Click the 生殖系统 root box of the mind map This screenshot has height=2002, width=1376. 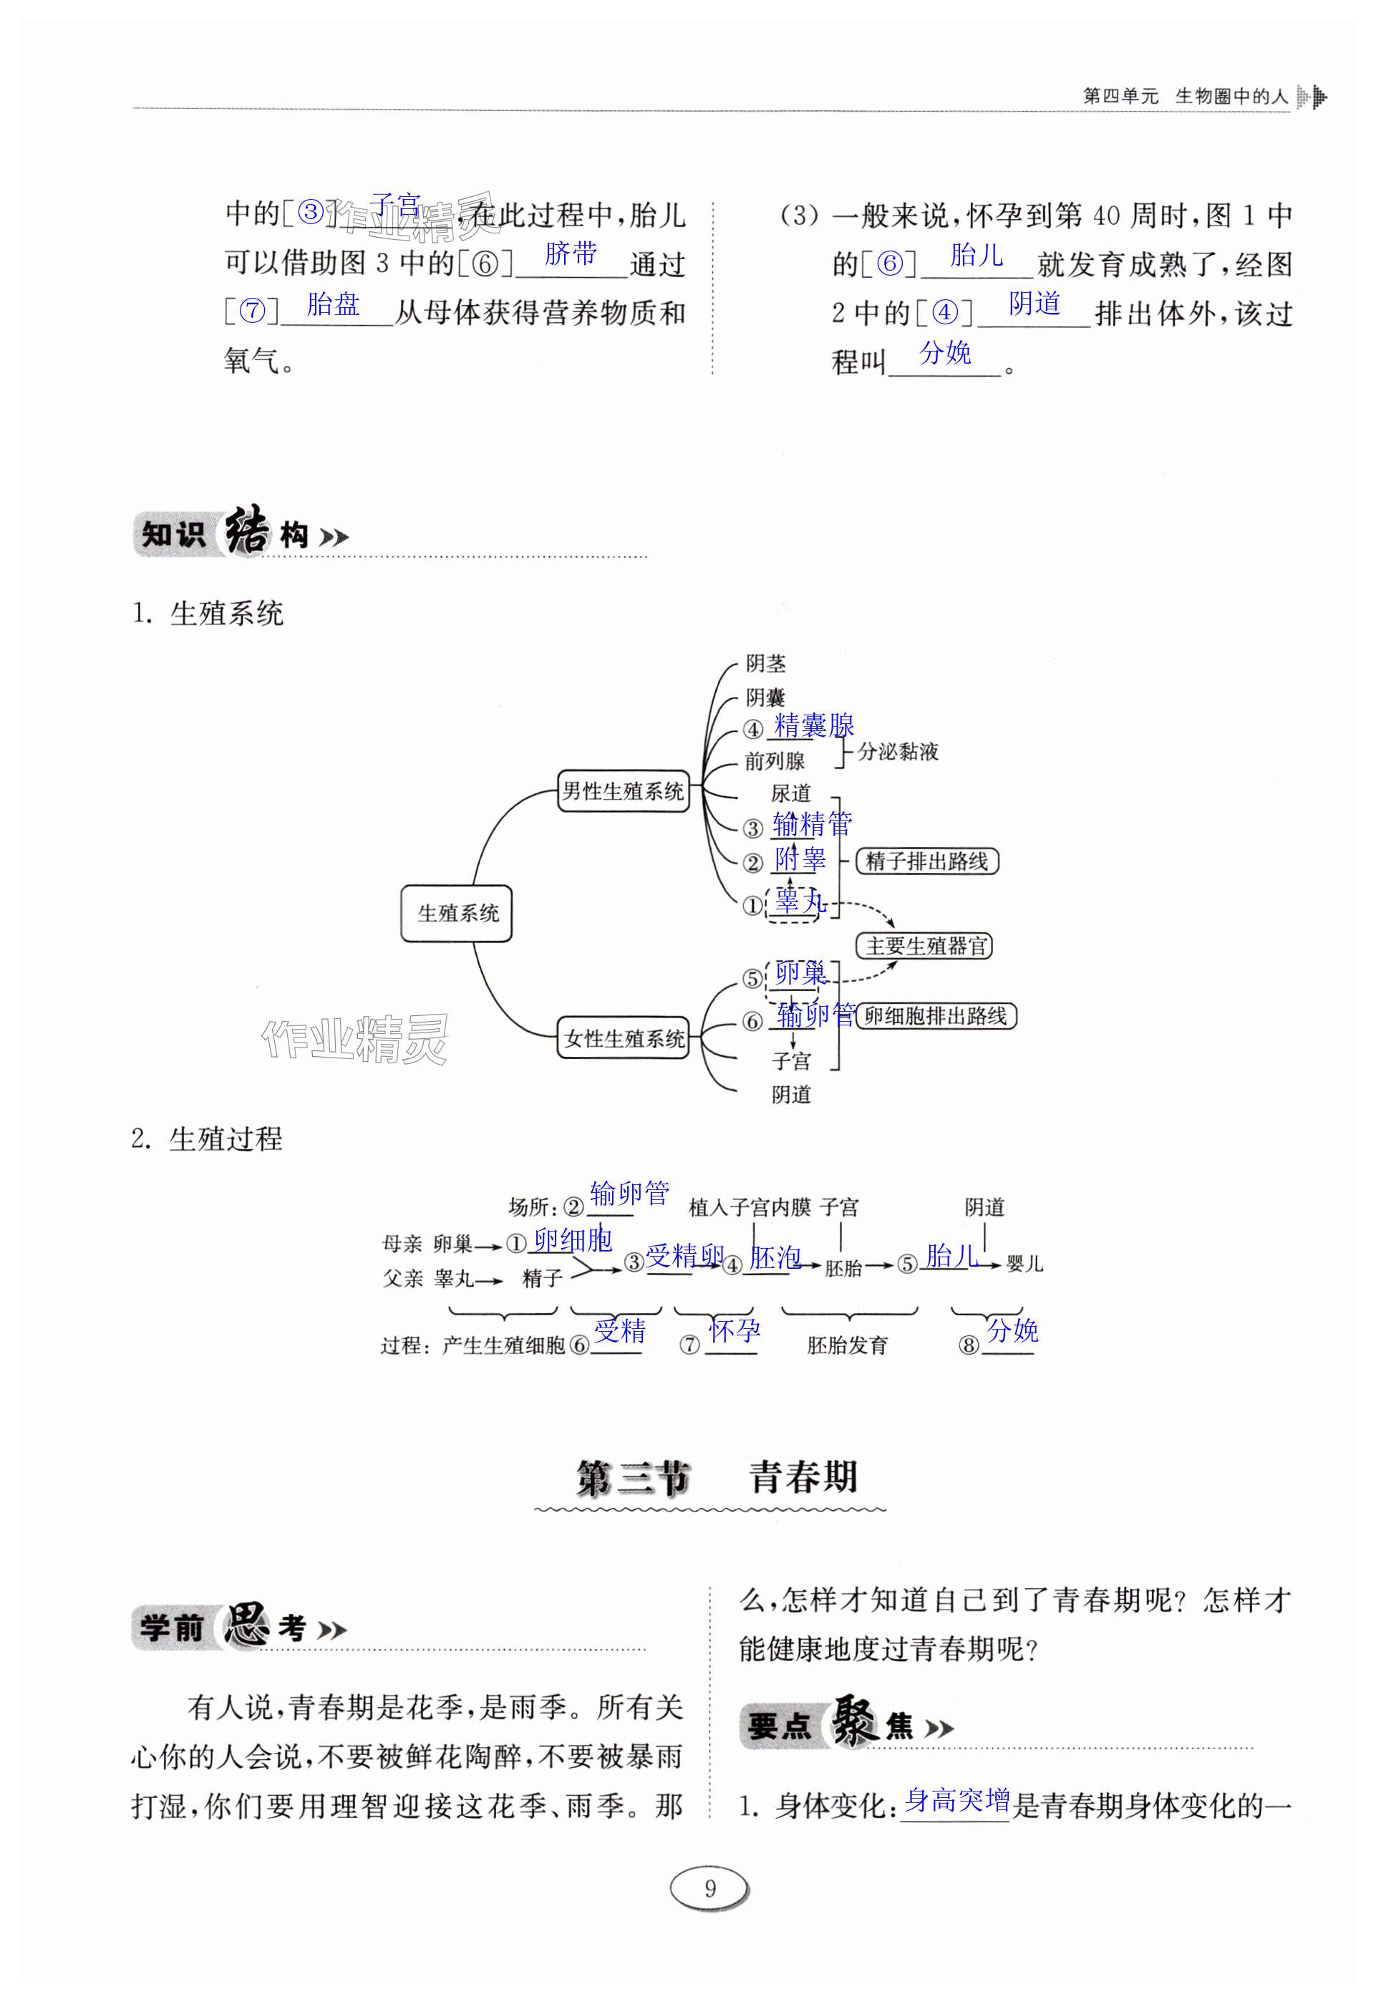click(456, 913)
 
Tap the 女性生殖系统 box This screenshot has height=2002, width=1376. click(624, 1038)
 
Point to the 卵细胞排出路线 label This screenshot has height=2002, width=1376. click(936, 1015)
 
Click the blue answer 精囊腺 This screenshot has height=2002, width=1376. click(814, 725)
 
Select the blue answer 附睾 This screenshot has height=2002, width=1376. click(799, 858)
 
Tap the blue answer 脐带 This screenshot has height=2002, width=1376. click(571, 253)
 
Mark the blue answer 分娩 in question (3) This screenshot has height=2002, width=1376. click(945, 352)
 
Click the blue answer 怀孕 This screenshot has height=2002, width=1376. click(735, 1330)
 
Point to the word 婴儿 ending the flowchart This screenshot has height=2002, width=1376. click(1024, 1264)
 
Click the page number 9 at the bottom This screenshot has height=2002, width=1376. click(709, 1889)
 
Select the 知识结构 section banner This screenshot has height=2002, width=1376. click(241, 535)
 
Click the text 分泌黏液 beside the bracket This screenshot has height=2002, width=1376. click(898, 752)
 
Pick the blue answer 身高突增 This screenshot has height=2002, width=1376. click(956, 1799)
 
